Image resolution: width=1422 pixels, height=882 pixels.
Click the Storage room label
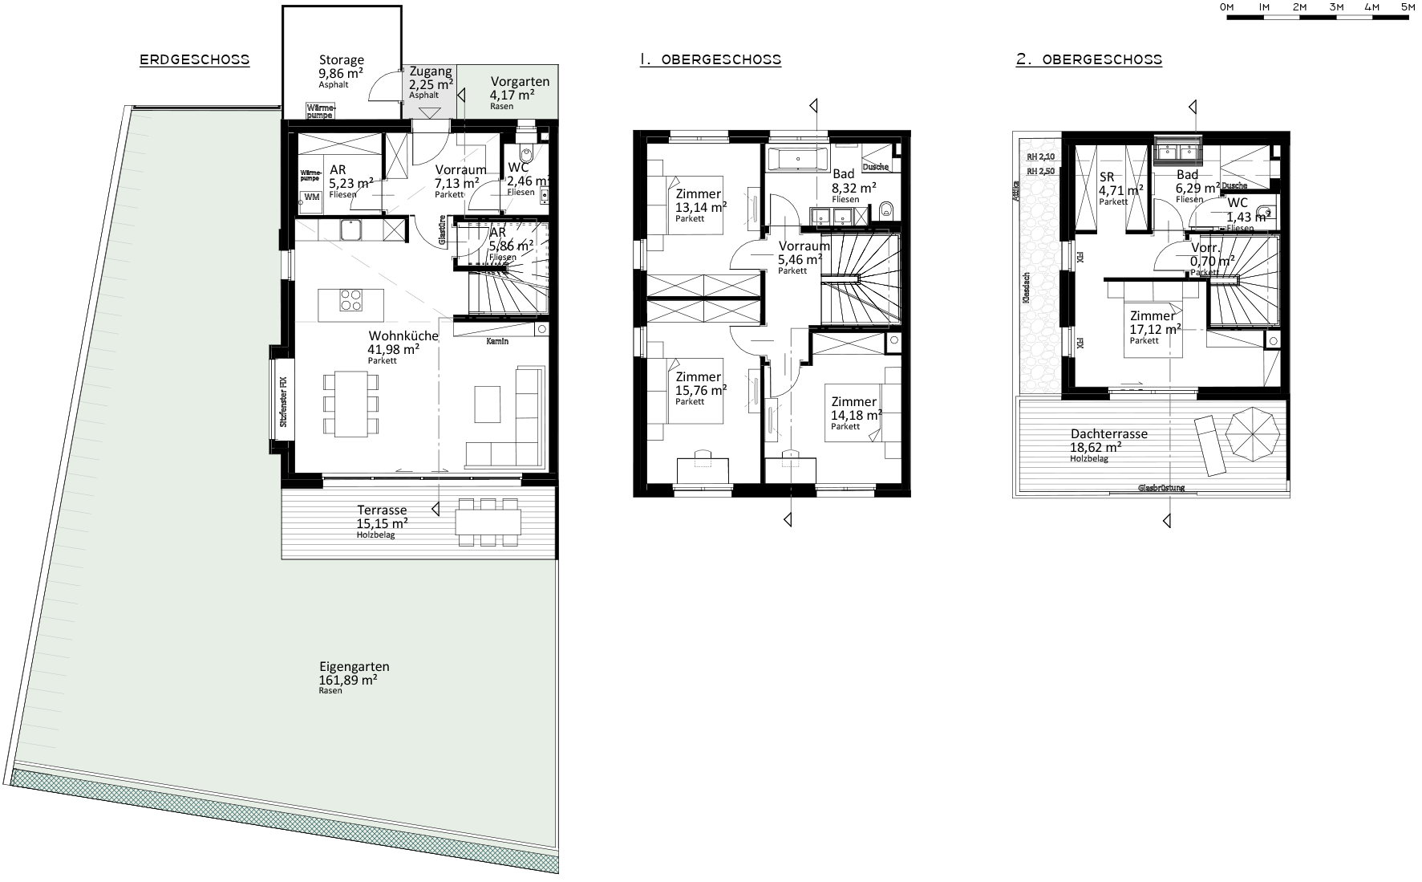click(341, 60)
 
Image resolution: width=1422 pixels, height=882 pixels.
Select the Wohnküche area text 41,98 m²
click(393, 349)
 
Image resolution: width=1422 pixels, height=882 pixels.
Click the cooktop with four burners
click(351, 301)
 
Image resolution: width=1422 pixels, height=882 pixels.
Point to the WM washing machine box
click(310, 197)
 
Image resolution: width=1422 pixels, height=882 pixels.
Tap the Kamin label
click(497, 341)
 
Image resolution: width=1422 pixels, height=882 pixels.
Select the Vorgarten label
click(520, 82)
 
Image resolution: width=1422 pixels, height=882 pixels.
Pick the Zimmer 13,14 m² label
click(699, 194)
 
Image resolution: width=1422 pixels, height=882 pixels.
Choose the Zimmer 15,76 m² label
click(699, 377)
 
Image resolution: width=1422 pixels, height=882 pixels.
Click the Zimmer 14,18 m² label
click(854, 402)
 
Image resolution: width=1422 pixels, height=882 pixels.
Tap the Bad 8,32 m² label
click(843, 174)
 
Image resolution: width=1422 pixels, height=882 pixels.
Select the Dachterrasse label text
click(1108, 434)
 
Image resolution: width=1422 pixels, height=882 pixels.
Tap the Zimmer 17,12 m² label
click(1153, 316)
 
